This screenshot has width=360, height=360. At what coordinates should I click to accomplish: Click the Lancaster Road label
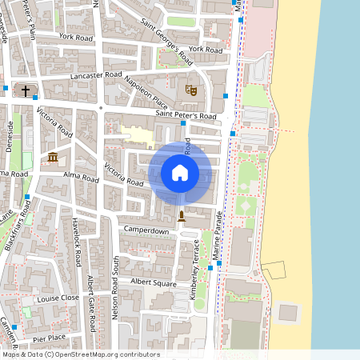tap(96, 74)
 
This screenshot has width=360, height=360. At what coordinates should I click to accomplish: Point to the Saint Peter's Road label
tap(186, 116)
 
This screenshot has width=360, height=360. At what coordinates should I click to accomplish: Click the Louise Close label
tap(58, 297)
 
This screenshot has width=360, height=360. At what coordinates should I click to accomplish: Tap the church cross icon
tap(26, 90)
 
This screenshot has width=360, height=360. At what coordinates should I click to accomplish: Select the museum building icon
tap(53, 156)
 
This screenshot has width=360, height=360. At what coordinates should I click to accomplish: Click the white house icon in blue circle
tap(180, 172)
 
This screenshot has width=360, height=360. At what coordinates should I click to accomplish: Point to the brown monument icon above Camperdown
tap(181, 216)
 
